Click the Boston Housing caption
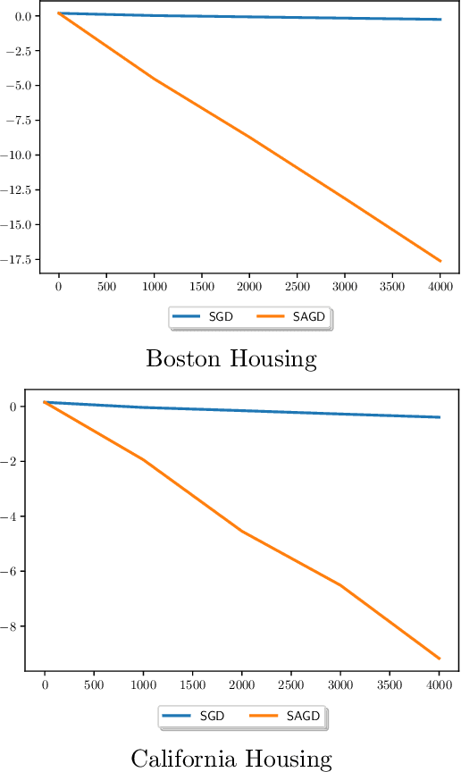click(x=231, y=359)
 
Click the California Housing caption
click(x=231, y=759)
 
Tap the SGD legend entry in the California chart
click(x=198, y=717)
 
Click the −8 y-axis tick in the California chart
click(x=15, y=626)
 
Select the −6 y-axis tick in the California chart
click(x=15, y=572)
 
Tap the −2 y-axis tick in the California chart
click(x=15, y=462)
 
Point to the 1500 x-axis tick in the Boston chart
click(x=202, y=289)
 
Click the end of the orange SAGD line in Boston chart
click(x=440, y=261)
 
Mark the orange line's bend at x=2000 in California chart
click(x=242, y=531)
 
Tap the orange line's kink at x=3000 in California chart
click(x=340, y=585)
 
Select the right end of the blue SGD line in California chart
click(x=439, y=417)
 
